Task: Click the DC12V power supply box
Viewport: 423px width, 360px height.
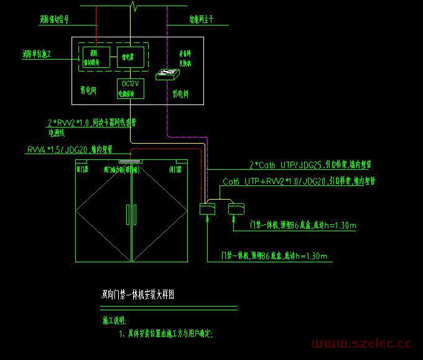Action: [x=130, y=88]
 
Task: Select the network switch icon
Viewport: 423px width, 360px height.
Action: [x=169, y=74]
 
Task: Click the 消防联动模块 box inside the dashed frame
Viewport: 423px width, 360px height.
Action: [x=96, y=57]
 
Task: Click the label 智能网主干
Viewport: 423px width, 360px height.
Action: [x=193, y=20]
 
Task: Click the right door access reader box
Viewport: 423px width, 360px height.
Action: [x=237, y=209]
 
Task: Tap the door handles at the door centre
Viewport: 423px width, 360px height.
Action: [x=131, y=215]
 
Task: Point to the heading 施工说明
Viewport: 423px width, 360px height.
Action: [x=114, y=321]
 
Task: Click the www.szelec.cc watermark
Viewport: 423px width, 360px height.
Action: [x=361, y=343]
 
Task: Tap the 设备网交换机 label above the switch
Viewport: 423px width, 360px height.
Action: [x=186, y=58]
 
